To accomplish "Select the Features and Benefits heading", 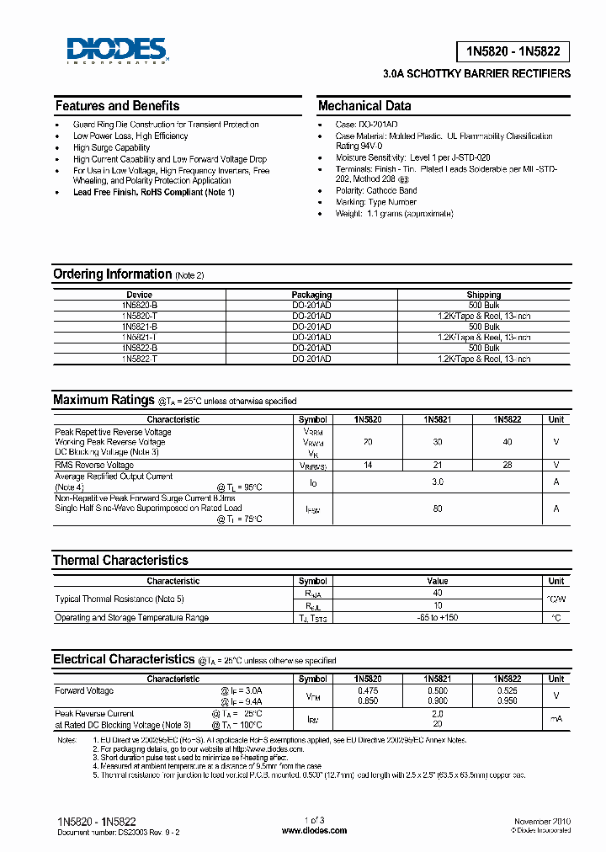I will [117, 106].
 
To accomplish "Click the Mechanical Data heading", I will [364, 106].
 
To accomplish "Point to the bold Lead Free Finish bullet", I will [153, 192].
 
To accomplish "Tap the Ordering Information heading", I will [112, 274].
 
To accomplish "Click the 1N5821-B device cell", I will [139, 326].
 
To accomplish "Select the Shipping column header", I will [483, 295].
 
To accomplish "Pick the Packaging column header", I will [311, 295].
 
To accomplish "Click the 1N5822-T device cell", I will [139, 359].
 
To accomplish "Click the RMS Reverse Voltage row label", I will [94, 465].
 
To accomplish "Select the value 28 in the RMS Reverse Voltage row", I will [507, 465].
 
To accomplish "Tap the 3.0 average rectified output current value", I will [437, 482].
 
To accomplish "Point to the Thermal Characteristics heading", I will [120, 561].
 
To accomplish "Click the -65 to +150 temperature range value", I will [437, 617].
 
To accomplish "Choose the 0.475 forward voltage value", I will [367, 690].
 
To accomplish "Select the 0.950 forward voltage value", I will [507, 700].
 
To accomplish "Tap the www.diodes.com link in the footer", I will [314, 830].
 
